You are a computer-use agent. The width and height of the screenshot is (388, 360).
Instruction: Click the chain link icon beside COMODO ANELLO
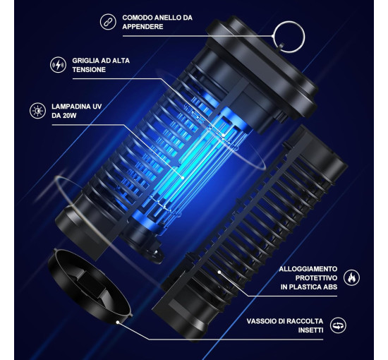point(108,22)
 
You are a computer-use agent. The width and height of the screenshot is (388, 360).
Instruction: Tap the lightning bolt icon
point(58,65)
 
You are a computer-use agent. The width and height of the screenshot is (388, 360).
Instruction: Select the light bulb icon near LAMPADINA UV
point(37,111)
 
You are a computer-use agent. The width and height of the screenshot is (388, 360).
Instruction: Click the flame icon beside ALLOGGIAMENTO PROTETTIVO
point(351,277)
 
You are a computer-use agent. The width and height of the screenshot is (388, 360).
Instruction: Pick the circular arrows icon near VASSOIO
point(338,325)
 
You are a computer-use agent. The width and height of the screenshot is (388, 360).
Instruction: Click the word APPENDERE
point(143,27)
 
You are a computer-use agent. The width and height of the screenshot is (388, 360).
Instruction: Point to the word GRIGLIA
point(85,61)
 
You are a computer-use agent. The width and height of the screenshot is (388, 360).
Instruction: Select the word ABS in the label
point(330,287)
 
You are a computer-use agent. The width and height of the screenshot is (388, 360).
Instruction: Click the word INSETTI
point(310,330)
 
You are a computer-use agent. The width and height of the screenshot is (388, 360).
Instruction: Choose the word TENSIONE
point(89,70)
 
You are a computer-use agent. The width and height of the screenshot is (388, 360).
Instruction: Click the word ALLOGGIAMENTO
point(308,269)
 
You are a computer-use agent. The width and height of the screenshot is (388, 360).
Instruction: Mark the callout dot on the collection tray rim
point(118,323)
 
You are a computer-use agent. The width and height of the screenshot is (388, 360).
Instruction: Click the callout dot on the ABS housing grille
point(219,272)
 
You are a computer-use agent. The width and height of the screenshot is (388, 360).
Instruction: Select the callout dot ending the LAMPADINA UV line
point(183,177)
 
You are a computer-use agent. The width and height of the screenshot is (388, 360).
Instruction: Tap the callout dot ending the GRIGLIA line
point(223,136)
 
